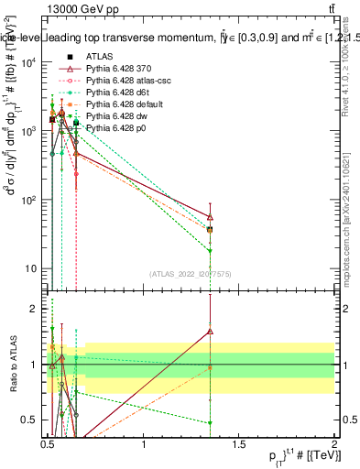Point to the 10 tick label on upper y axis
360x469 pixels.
point(30,268)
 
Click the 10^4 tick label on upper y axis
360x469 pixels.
point(28,62)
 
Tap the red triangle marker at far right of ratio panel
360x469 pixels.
point(211,332)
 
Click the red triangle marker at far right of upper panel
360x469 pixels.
point(211,217)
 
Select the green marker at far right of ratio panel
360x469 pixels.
point(211,423)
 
